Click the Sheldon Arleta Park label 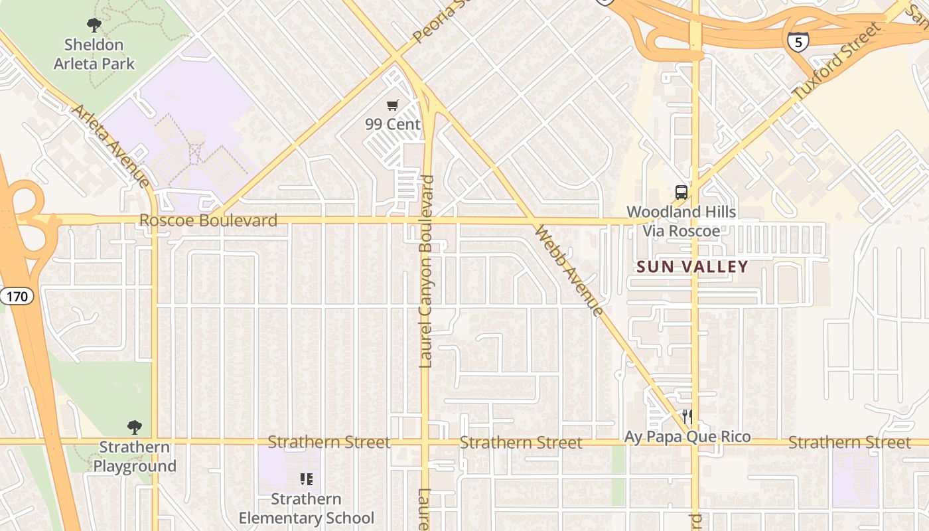click(94, 54)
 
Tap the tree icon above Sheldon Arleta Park click(94, 25)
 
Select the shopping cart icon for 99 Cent click(393, 105)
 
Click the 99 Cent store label click(393, 124)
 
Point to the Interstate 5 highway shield click(797, 42)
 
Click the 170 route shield click(17, 295)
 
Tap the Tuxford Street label click(837, 61)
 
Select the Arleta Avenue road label click(111, 145)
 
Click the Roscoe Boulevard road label click(208, 220)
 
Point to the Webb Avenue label click(569, 271)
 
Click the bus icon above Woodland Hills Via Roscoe click(681, 192)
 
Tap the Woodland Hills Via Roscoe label click(681, 221)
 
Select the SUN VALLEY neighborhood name click(692, 267)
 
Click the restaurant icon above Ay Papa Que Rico click(687, 417)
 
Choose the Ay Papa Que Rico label click(687, 437)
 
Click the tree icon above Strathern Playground click(135, 427)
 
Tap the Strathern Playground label click(135, 457)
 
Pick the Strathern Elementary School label click(307, 508)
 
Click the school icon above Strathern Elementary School click(307, 479)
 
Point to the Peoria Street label click(437, 21)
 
